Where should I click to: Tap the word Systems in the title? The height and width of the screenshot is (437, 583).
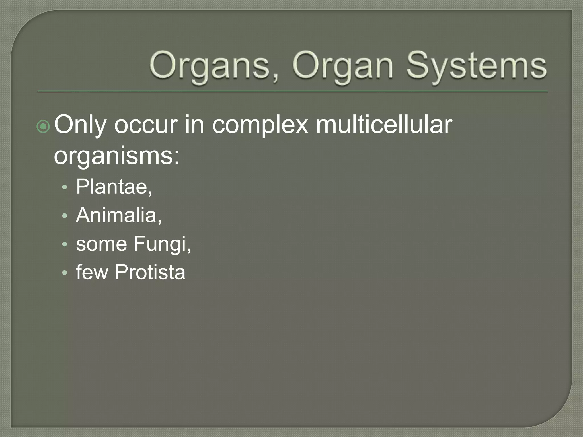476,66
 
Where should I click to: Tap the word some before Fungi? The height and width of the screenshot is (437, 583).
101,244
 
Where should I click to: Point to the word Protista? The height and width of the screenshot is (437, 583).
150,272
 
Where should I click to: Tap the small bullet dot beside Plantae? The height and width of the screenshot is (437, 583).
65,188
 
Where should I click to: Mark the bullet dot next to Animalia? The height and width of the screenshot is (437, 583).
65,216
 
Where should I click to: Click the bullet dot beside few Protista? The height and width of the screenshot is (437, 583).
65,273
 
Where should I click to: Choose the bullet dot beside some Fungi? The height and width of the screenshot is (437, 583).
65,245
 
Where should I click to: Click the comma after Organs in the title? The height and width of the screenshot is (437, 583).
275,78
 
